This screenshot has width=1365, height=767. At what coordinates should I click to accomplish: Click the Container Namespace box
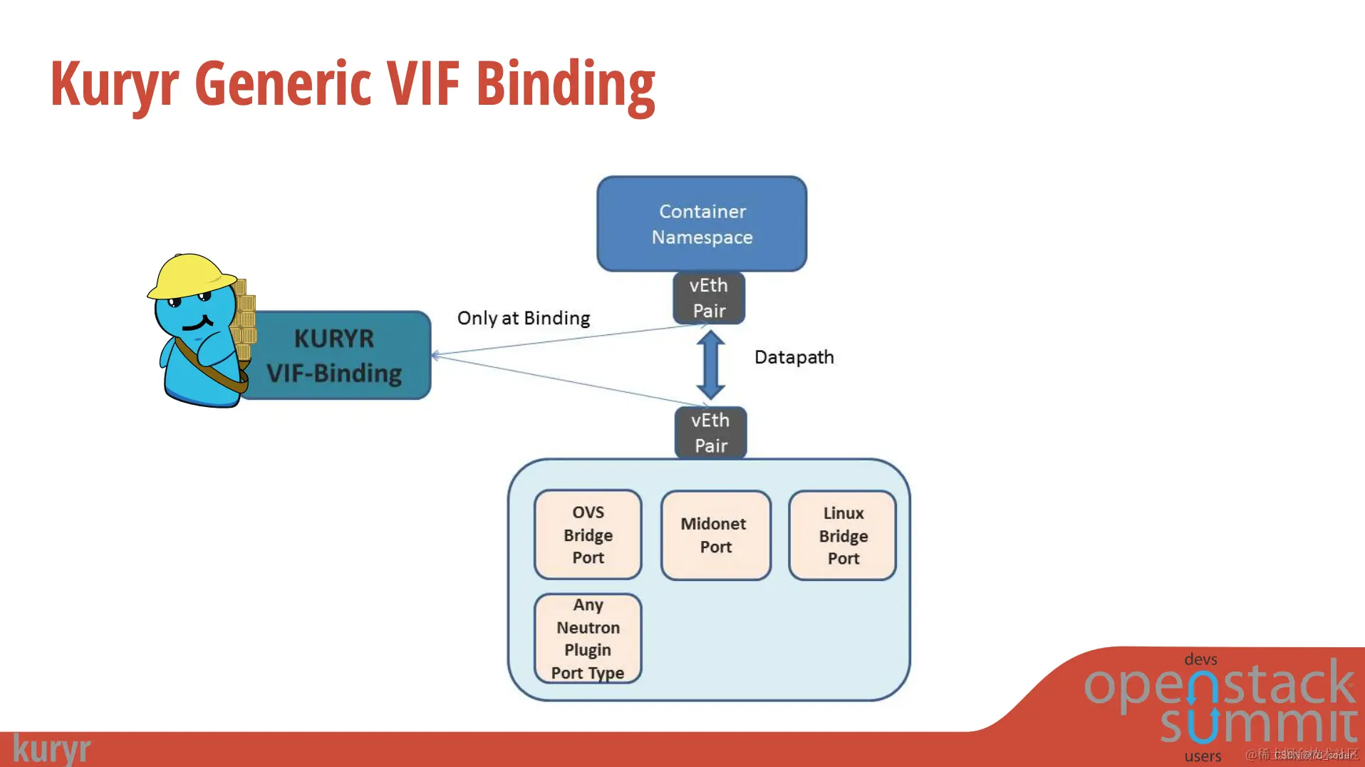[702, 224]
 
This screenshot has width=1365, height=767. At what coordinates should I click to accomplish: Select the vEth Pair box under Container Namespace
[709, 298]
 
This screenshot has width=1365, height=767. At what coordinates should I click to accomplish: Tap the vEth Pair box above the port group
[710, 433]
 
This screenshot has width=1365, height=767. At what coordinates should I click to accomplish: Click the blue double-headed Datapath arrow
[710, 364]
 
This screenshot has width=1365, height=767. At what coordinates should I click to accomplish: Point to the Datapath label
[794, 357]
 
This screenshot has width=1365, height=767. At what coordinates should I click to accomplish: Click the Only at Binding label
[524, 318]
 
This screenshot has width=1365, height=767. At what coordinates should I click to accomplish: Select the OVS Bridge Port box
[588, 535]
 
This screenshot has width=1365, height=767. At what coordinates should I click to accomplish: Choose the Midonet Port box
[715, 535]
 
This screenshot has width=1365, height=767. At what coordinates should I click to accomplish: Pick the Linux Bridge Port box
[843, 535]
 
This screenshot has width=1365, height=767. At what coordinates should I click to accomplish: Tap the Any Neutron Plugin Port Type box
[588, 639]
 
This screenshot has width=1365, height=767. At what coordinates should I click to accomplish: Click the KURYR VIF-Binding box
[335, 356]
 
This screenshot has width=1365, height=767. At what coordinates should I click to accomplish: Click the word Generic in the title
[284, 83]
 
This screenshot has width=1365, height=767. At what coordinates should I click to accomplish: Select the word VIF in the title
[423, 83]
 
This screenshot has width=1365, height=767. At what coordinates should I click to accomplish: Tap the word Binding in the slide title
[565, 85]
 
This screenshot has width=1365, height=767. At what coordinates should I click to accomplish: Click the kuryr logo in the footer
[52, 749]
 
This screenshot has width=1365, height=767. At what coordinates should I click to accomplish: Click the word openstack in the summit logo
[1219, 684]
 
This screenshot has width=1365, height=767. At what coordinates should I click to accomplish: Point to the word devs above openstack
[1200, 659]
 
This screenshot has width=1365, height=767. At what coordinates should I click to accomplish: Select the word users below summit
[1203, 756]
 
